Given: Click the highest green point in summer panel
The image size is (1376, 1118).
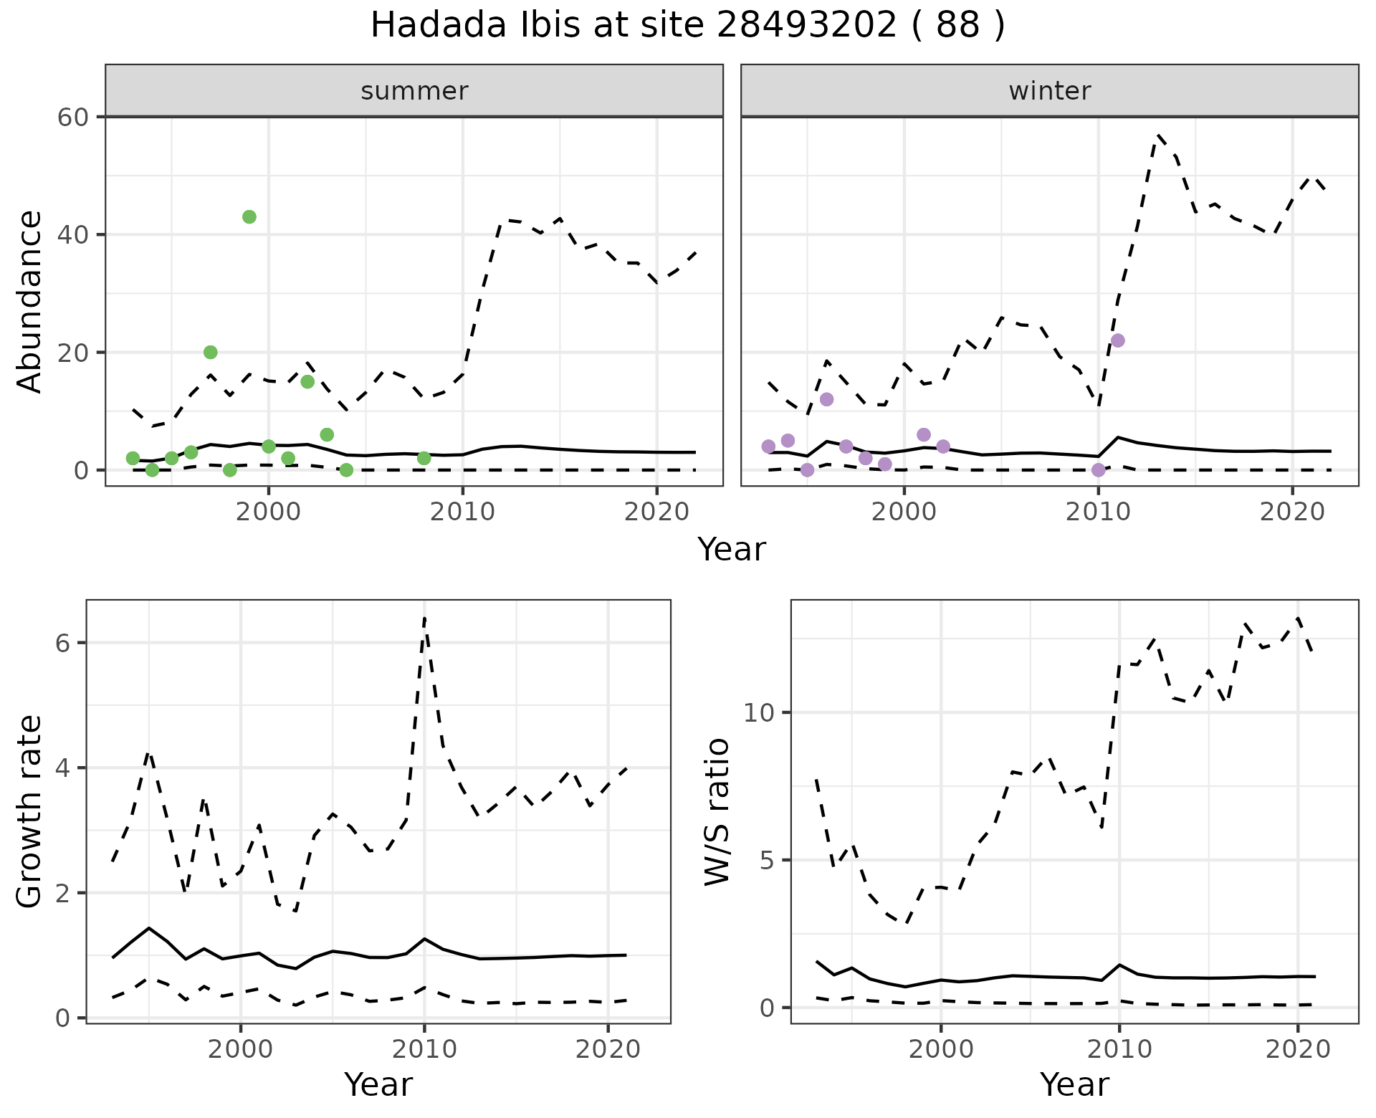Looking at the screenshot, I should point(249,217).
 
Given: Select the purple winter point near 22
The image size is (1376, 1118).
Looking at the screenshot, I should point(1117,340).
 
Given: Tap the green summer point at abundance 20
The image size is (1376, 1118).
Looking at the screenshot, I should point(210,352).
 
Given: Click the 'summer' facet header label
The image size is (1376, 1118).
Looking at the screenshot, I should point(414,91).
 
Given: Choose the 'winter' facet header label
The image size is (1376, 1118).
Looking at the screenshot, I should point(1049,91).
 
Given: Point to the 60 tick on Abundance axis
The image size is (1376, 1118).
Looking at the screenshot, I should point(72,117).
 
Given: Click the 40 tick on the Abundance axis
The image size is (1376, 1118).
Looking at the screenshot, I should point(72,234).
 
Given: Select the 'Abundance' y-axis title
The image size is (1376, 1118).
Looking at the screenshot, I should point(30,301).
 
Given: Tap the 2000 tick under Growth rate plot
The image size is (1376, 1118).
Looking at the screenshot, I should point(241,1049).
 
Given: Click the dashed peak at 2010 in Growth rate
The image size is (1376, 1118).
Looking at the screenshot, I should point(424,617).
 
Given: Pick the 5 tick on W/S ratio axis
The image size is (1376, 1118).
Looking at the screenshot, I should point(767,860).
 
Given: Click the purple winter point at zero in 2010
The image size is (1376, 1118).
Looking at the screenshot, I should point(1098,470).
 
